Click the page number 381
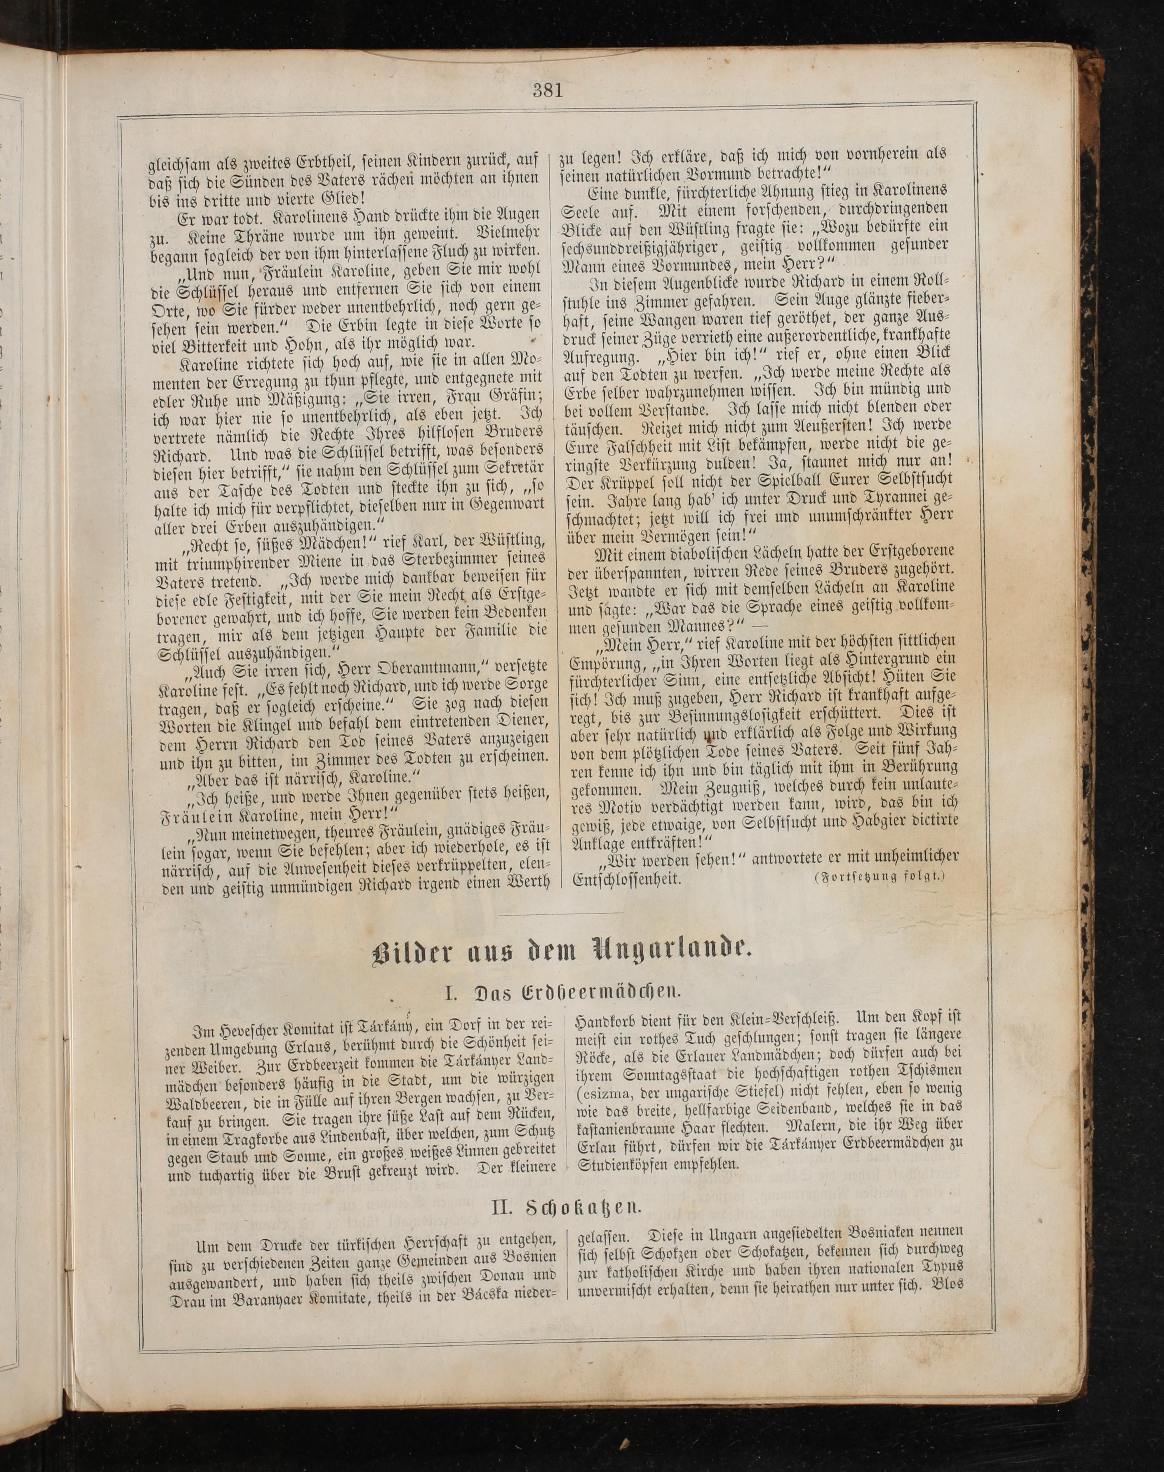pyautogui.click(x=549, y=89)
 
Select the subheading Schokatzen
pyautogui.click(x=567, y=1205)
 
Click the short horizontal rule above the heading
pyautogui.click(x=560, y=913)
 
